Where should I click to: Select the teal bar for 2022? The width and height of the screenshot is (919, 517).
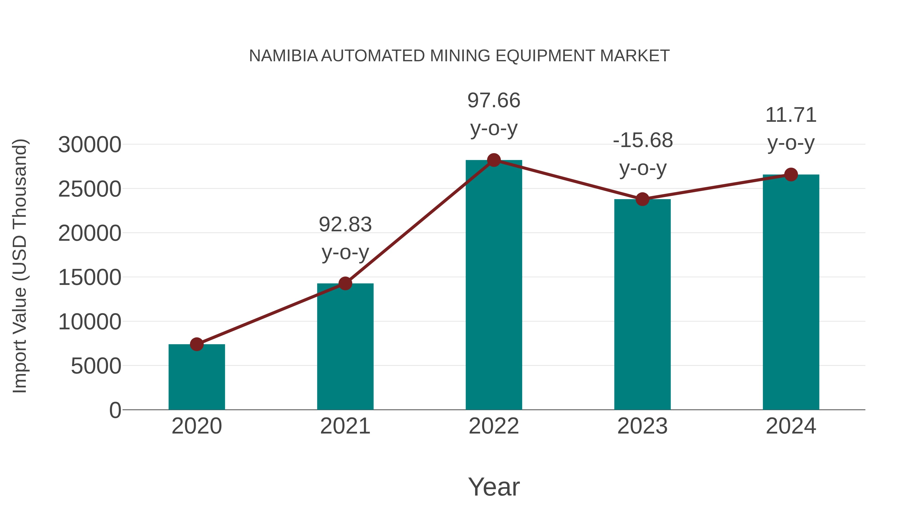(x=494, y=285)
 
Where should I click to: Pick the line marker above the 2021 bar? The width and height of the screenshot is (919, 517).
(x=345, y=283)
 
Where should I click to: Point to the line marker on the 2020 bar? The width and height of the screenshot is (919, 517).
(x=197, y=344)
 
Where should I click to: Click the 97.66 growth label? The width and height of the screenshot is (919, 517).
(x=494, y=100)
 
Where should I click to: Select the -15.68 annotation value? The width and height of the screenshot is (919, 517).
(x=643, y=140)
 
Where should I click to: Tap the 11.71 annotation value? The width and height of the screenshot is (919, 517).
(x=791, y=115)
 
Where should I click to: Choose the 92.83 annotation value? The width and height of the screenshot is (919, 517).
(x=345, y=224)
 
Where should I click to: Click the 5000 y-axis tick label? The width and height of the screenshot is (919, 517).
(x=96, y=366)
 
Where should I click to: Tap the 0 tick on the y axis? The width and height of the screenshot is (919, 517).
(x=115, y=410)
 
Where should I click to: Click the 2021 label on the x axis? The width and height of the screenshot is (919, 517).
(x=345, y=426)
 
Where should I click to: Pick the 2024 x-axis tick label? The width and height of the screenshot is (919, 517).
(x=791, y=426)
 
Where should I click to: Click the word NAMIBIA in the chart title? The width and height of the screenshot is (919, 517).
(x=283, y=56)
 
